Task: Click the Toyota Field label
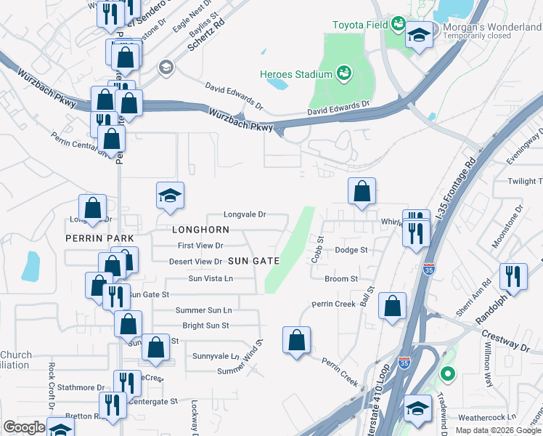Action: [x=360, y=25]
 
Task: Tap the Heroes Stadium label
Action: [x=296, y=74]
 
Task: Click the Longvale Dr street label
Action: [x=245, y=215]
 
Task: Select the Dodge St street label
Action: [x=351, y=250]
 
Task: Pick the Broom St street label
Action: [x=341, y=279]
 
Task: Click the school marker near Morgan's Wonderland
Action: [x=420, y=35]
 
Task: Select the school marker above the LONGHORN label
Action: [x=170, y=195]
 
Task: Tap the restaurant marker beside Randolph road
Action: [x=513, y=276]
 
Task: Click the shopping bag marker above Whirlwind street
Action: [x=362, y=192]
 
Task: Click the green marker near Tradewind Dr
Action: [x=448, y=375]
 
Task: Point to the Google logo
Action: [x=24, y=427]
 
